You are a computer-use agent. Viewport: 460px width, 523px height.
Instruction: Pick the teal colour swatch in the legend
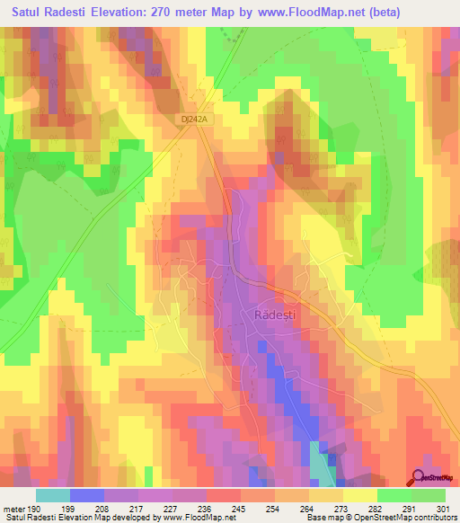[53, 495]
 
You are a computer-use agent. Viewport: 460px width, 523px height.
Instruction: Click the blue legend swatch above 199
[87, 495]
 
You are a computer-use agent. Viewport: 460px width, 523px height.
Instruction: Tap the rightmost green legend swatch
[429, 495]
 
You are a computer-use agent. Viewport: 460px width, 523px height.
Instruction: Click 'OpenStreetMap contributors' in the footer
[402, 519]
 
